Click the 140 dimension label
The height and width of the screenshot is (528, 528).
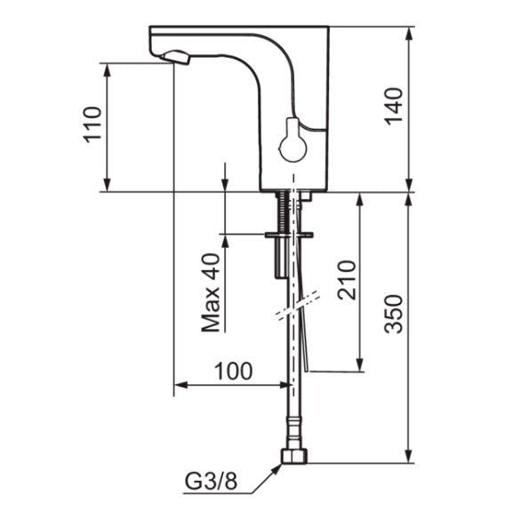[x=394, y=107]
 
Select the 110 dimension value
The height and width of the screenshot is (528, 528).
[x=92, y=124]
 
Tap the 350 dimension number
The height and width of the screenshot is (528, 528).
[x=394, y=314]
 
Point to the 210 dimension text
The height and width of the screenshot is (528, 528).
[x=347, y=280]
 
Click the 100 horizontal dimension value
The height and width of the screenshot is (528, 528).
[x=233, y=371]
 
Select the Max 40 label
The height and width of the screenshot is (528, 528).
[x=211, y=292]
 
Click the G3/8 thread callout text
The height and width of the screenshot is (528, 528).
[x=212, y=482]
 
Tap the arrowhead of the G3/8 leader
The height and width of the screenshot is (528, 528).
[x=277, y=468]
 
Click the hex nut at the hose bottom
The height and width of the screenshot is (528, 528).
[x=293, y=456]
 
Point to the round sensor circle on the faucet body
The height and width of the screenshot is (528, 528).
[x=293, y=148]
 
